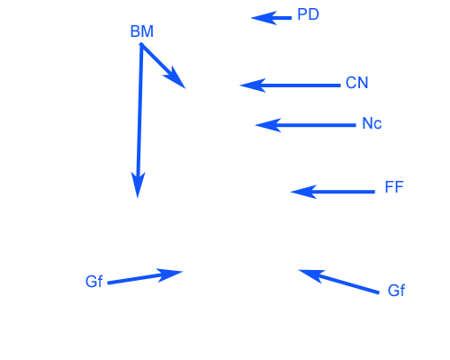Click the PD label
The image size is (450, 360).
coord(308,14)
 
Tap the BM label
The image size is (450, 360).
coord(142,31)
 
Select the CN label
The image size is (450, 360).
coord(356,83)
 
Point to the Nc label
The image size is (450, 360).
coord(372,123)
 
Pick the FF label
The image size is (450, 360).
coord(394,187)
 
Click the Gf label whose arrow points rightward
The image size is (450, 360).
coord(94,282)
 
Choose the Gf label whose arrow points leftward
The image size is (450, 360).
coord(396,291)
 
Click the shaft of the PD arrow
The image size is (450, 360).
coord(282,18)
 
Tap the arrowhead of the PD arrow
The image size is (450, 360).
coord(264,18)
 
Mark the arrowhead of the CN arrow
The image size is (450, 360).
coord(253,85)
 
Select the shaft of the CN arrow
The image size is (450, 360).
coord(301,85)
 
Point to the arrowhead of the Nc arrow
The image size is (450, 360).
coord(268,125)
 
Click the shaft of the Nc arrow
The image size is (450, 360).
coord(316,125)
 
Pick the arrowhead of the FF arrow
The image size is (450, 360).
coord(303,192)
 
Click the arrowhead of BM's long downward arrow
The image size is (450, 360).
coord(138,185)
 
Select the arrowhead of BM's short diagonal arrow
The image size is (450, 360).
coord(175,77)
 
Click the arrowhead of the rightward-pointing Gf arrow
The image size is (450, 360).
coord(170,274)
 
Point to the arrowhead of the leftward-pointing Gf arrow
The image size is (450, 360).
coord(311,275)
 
